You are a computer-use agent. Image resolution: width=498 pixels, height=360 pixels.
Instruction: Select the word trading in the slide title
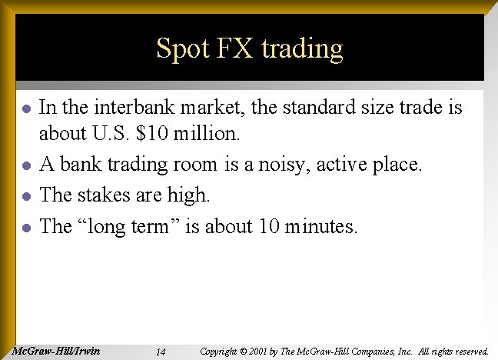coord(302,49)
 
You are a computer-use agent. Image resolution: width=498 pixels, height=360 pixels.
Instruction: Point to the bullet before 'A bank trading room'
coord(25,165)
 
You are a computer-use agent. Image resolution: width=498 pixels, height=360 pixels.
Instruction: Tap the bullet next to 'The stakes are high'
coord(25,196)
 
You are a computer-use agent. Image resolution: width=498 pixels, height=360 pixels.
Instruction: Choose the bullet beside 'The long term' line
coord(25,227)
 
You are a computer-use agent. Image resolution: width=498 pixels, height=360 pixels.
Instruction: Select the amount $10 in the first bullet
coord(151,134)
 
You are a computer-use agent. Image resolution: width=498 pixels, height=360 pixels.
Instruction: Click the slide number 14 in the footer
coord(161,352)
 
